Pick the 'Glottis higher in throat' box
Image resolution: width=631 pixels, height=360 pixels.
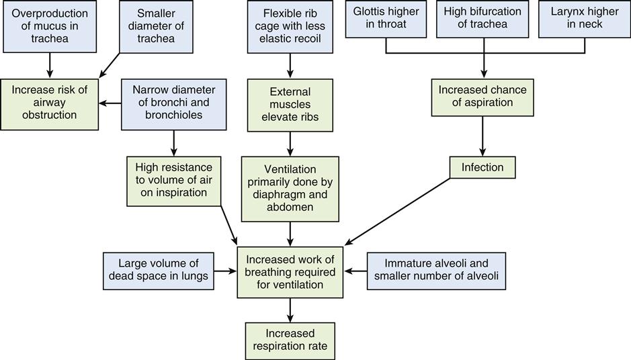click(386, 19)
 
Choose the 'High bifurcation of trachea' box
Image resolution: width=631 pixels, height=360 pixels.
click(482, 19)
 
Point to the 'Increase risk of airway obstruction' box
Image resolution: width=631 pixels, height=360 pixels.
click(49, 102)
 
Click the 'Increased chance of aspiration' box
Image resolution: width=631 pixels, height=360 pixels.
click(482, 97)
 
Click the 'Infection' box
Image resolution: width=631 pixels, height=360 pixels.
click(482, 167)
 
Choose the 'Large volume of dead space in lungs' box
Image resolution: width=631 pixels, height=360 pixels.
click(159, 271)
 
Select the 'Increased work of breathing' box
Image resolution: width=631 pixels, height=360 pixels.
click(290, 271)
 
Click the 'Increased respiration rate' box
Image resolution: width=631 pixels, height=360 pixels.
click(290, 341)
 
